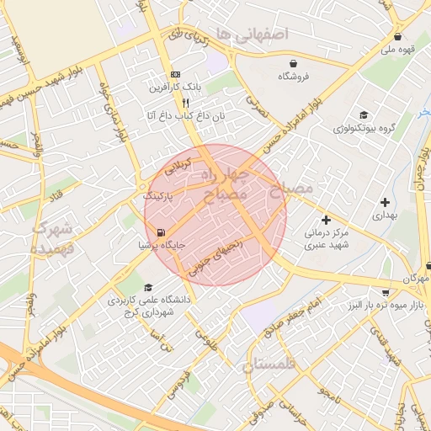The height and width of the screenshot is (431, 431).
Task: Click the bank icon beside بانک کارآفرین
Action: click(x=175, y=74)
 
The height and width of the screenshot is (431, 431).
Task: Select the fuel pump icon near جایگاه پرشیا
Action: click(x=161, y=233)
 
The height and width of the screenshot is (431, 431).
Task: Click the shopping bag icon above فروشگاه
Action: click(x=292, y=64)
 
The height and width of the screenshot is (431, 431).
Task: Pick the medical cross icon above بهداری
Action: click(x=386, y=202)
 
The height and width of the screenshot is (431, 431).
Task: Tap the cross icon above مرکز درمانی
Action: click(x=326, y=220)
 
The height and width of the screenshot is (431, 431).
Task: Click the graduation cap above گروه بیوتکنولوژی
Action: click(x=363, y=115)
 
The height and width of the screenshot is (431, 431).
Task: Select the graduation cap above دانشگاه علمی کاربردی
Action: click(x=149, y=287)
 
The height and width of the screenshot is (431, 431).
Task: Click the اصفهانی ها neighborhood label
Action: click(x=253, y=34)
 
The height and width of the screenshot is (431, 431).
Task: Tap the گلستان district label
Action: click(x=271, y=364)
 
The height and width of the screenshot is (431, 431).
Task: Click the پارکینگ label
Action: click(x=157, y=195)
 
